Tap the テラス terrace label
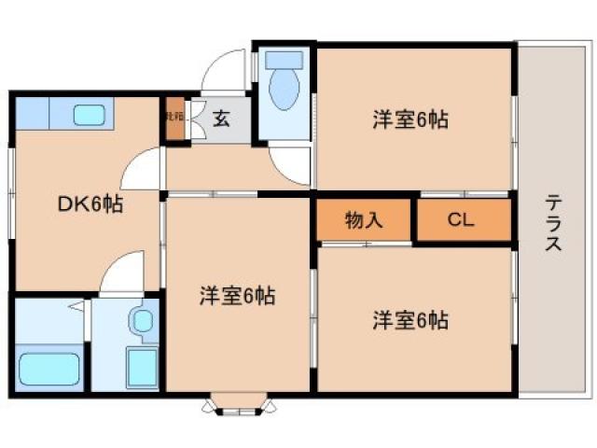click(x=553, y=221)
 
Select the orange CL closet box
click(x=462, y=221)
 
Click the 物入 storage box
click(x=363, y=221)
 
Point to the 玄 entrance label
click(x=221, y=119)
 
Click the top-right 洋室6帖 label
click(x=410, y=119)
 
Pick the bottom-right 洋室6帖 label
click(x=410, y=320)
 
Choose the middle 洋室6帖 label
click(x=236, y=296)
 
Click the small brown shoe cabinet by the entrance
click(x=174, y=119)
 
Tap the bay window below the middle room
click(x=240, y=404)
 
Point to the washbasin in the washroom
click(x=142, y=321)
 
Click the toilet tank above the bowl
click(x=281, y=60)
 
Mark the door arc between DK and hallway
click(x=142, y=168)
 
